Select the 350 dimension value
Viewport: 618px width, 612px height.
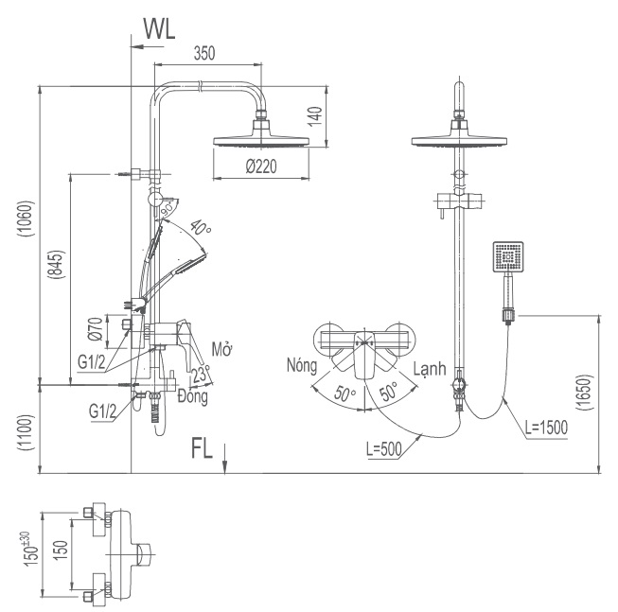pos(204,54)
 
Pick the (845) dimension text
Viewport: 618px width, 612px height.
pos(58,273)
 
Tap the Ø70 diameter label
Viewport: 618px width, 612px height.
pos(96,327)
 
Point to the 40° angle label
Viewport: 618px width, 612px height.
pos(200,227)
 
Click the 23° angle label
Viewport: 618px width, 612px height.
pos(201,376)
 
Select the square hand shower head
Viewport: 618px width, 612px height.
pos(508,257)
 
